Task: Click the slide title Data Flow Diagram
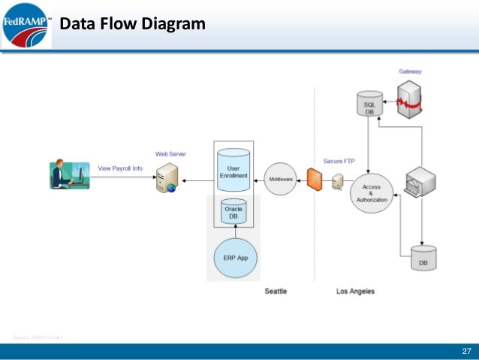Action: [x=132, y=25]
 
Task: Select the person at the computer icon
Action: [x=68, y=174]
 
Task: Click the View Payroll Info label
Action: [x=120, y=168]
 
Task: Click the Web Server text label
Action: [x=170, y=153]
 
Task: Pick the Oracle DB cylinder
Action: [x=233, y=212]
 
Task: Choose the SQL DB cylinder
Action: [x=369, y=105]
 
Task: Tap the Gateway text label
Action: [x=410, y=71]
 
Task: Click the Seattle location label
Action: [x=276, y=291]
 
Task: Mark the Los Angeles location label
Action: [x=354, y=291]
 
